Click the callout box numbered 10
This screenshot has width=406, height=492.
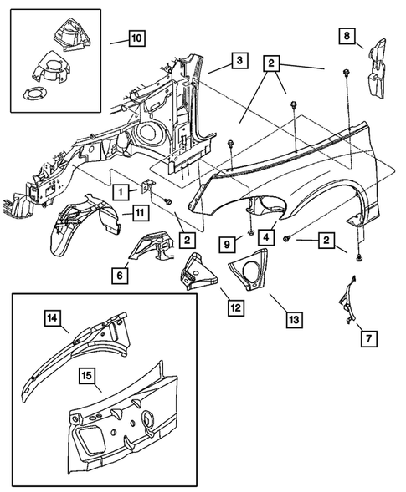[136, 38]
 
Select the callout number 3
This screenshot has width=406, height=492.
[239, 60]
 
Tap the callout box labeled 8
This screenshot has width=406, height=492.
[347, 36]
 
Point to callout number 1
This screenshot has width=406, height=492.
[121, 192]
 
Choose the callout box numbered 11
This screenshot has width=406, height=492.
[141, 213]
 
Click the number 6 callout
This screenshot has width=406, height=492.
[120, 276]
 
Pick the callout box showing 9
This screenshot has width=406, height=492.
[227, 245]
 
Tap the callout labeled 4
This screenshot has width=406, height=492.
[266, 237]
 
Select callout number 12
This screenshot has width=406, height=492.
[236, 308]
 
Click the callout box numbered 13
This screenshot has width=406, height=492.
[294, 320]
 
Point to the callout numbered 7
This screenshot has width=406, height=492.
[369, 338]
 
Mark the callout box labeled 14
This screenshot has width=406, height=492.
[52, 318]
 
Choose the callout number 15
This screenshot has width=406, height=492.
[87, 375]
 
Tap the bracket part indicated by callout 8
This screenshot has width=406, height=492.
[377, 69]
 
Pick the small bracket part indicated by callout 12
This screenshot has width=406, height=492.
[198, 271]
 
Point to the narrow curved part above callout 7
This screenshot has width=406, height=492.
[347, 300]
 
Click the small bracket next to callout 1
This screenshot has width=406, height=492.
[146, 188]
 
